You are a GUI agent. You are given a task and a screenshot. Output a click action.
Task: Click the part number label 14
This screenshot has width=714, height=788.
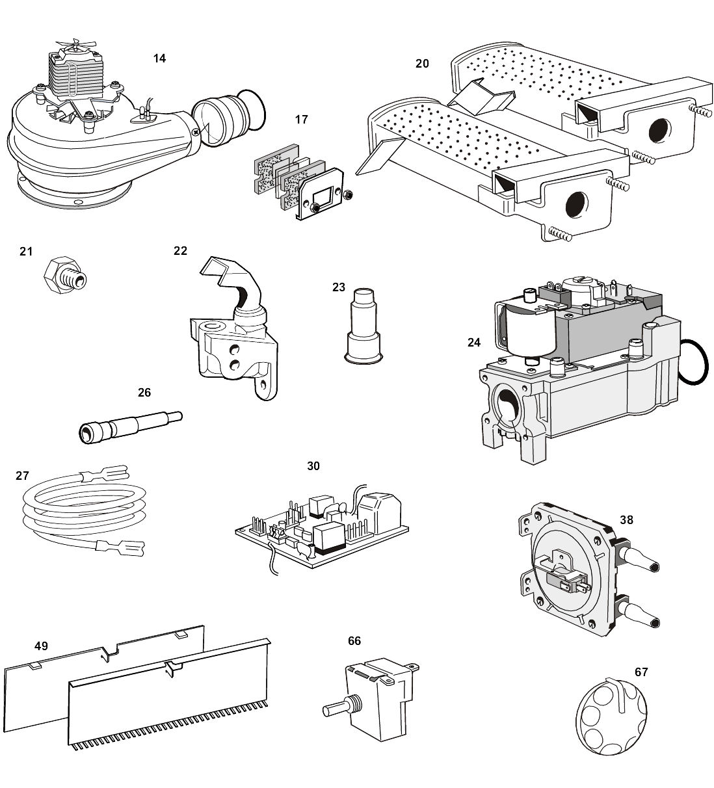point(159,59)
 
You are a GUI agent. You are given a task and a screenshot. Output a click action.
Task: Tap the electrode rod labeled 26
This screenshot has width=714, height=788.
point(130,426)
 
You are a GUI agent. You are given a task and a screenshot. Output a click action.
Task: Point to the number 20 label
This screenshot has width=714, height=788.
point(422,64)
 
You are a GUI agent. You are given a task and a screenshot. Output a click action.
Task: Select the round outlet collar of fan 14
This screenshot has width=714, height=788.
point(224,120)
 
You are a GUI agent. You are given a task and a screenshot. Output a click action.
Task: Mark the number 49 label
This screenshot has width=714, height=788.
point(42,646)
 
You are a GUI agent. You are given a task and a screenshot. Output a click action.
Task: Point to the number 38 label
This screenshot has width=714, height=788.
point(626,520)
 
